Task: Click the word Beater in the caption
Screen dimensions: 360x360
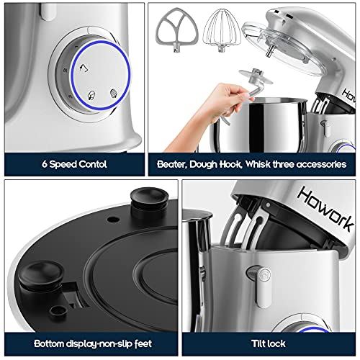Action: point(173,164)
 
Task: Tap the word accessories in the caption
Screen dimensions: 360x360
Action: point(316,164)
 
